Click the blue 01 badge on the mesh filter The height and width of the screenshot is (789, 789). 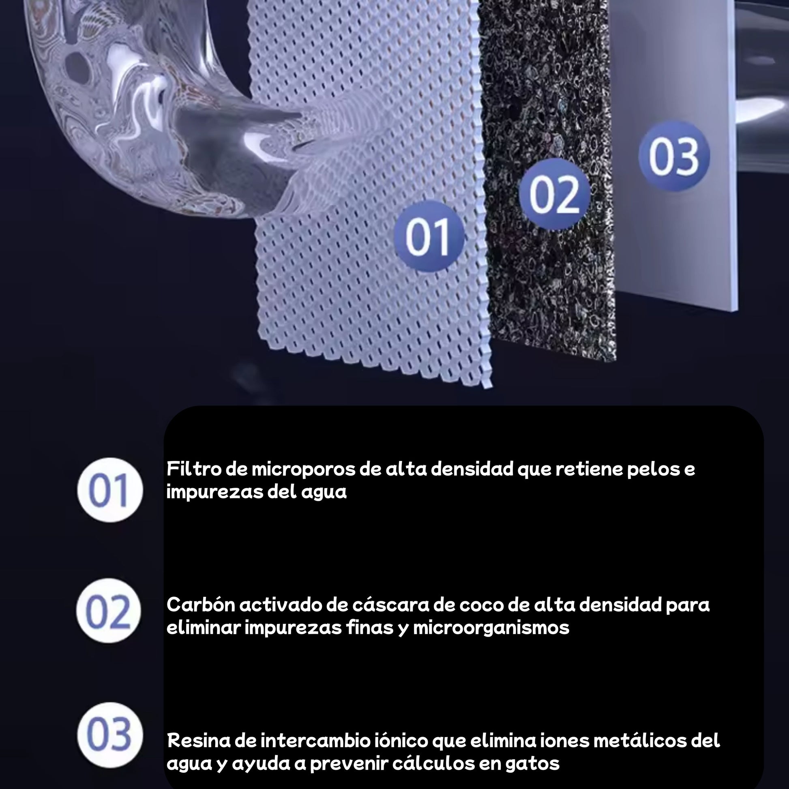[x=429, y=236]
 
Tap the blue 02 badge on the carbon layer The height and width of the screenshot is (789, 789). [x=555, y=194]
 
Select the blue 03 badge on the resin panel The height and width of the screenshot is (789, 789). [x=674, y=156]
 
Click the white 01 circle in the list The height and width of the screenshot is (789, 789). [x=110, y=490]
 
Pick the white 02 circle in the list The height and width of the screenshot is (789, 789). [x=109, y=611]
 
